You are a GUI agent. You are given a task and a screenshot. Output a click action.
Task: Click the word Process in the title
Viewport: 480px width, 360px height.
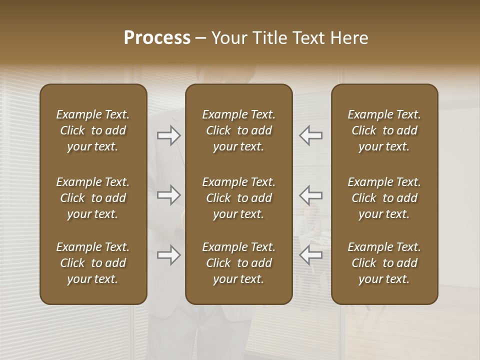[157, 38]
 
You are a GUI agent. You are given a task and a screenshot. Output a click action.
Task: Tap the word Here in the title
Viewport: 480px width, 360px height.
[349, 38]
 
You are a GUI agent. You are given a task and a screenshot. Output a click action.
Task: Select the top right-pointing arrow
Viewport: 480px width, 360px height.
[169, 135]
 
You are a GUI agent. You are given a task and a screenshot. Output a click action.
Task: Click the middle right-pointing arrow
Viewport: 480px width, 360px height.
[169, 195]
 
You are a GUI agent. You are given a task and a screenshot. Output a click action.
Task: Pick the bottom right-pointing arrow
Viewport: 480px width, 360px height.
[169, 255]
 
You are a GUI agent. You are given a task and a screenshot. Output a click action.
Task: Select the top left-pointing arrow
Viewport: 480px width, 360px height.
[311, 135]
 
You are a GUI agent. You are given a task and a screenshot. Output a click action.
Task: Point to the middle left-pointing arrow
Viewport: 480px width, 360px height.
[311, 195]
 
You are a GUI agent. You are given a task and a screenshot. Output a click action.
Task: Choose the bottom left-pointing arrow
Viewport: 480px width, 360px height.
[311, 255]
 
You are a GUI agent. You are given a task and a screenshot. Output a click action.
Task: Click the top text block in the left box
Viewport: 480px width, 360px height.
[93, 130]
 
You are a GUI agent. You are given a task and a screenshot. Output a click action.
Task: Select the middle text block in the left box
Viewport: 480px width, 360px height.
[93, 198]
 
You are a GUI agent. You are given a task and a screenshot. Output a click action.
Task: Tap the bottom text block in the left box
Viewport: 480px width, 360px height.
[93, 263]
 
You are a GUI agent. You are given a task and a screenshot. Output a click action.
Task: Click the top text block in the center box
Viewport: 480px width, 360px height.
[239, 130]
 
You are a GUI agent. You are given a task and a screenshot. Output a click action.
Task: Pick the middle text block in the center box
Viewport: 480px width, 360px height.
[239, 198]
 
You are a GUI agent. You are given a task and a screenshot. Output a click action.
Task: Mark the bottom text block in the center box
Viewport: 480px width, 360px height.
[239, 263]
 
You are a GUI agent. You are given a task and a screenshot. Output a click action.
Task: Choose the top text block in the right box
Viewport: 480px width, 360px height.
[384, 130]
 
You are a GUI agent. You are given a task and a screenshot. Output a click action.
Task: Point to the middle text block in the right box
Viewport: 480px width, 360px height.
[384, 198]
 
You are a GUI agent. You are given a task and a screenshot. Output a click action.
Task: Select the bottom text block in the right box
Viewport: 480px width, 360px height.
[384, 263]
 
